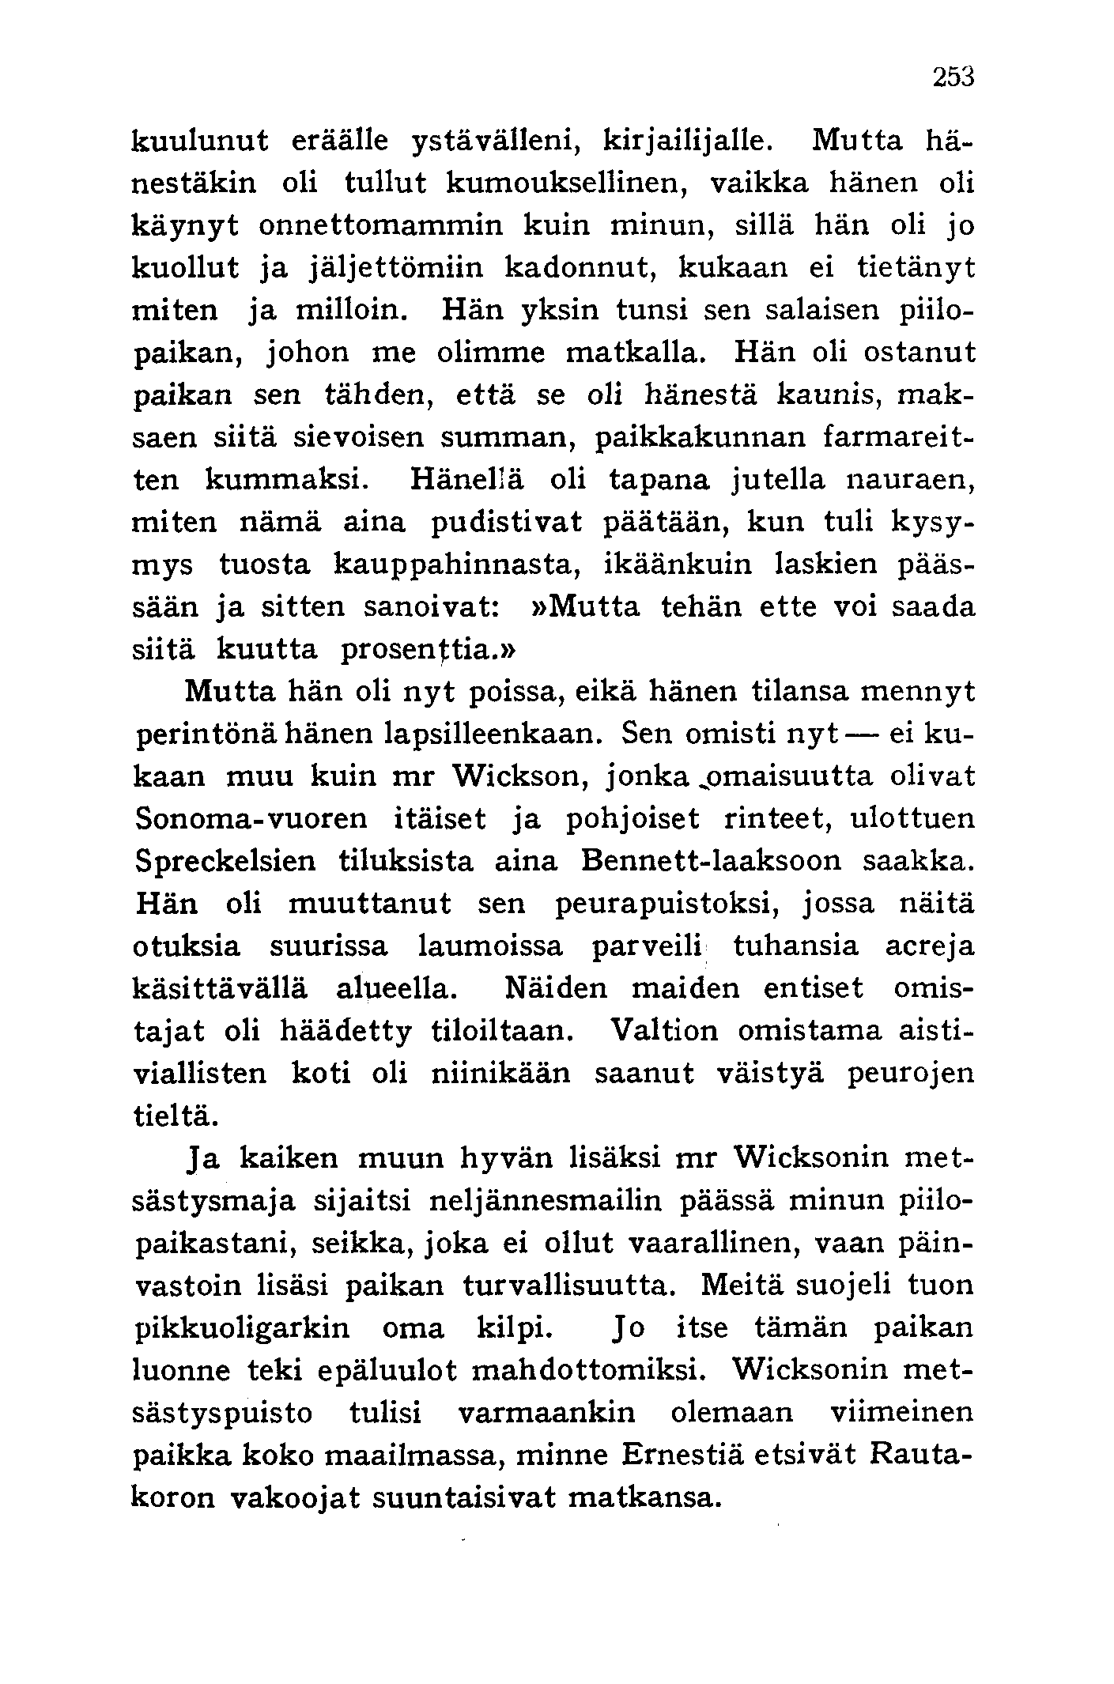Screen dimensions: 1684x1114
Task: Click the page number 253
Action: tap(954, 77)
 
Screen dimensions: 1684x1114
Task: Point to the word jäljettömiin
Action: tap(393, 268)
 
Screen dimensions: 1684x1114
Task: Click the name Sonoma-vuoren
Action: tap(251, 819)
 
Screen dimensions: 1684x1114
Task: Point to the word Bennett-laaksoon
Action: tap(711, 862)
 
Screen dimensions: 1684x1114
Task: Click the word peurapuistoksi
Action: tap(662, 904)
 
